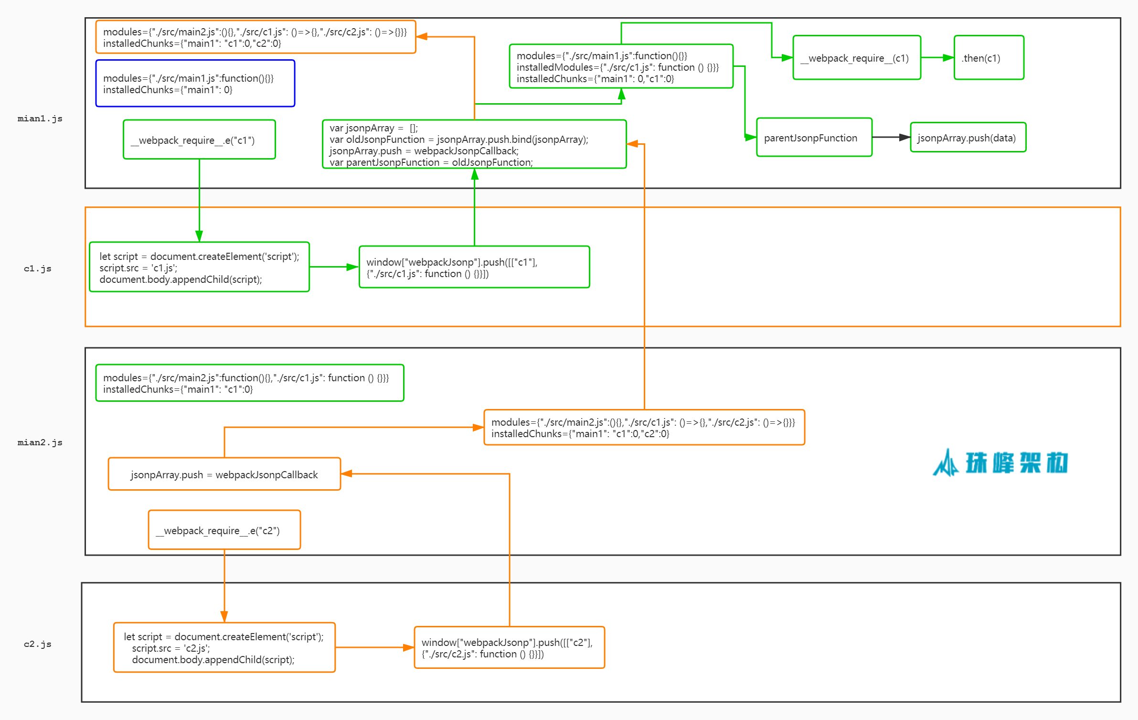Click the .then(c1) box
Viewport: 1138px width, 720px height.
(989, 58)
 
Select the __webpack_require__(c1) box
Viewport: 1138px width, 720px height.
(856, 58)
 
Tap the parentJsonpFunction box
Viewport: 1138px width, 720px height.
(814, 138)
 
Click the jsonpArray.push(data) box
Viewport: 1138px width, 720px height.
(968, 138)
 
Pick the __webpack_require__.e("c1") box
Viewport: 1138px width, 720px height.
(199, 140)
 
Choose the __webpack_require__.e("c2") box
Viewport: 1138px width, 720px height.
(224, 530)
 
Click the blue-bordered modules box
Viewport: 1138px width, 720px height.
(195, 84)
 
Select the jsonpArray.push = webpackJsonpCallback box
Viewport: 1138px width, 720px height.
(224, 474)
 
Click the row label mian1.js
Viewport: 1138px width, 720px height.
(40, 118)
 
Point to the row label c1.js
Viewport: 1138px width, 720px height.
(38, 269)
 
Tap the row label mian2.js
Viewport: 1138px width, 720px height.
(40, 442)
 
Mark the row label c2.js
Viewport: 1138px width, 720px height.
(38, 644)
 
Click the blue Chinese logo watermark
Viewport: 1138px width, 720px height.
(1000, 462)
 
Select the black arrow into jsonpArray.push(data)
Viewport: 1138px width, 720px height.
(891, 138)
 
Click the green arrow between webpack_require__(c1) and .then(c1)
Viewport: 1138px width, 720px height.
(937, 58)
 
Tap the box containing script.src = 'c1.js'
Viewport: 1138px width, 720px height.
(199, 268)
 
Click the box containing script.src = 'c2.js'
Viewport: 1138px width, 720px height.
(224, 647)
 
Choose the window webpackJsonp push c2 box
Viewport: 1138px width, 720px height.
(509, 647)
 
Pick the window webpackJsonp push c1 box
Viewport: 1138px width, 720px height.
(474, 268)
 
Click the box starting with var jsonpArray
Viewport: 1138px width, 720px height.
(474, 144)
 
